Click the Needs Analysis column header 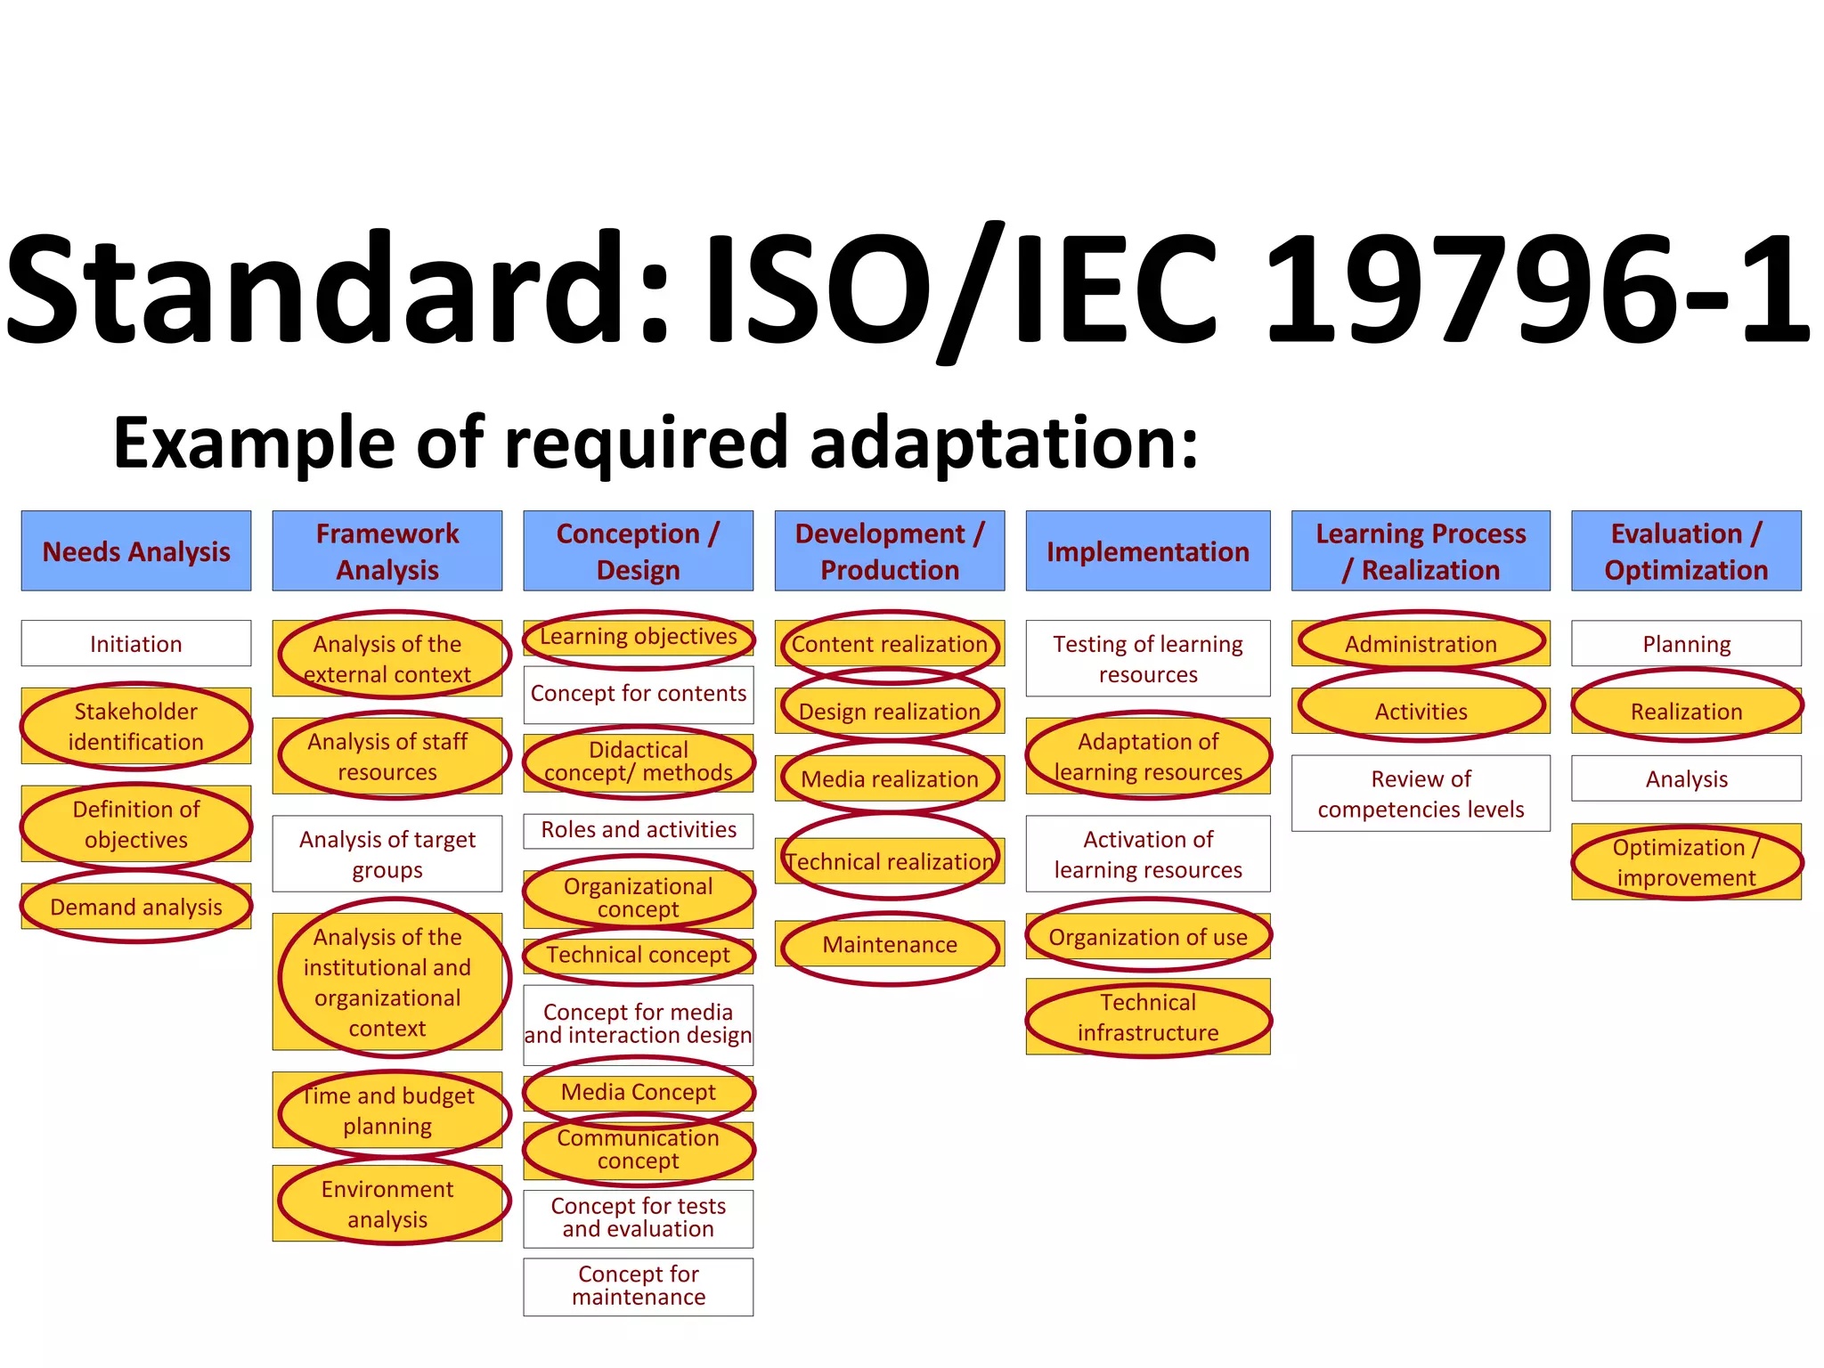pyautogui.click(x=136, y=551)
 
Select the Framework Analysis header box pyautogui.click(x=387, y=551)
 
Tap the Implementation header pyautogui.click(x=1148, y=551)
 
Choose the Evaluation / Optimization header pyautogui.click(x=1686, y=551)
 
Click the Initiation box pyautogui.click(x=136, y=643)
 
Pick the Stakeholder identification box pyautogui.click(x=136, y=726)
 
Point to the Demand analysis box pyautogui.click(x=136, y=907)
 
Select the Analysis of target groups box pyautogui.click(x=387, y=854)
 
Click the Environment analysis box pyautogui.click(x=387, y=1203)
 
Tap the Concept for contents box pyautogui.click(x=639, y=694)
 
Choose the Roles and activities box pyautogui.click(x=639, y=830)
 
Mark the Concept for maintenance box pyautogui.click(x=639, y=1286)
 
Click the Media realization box pyautogui.click(x=890, y=778)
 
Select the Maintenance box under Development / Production pyautogui.click(x=890, y=944)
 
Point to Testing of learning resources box pyautogui.click(x=1148, y=658)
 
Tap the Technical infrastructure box pyautogui.click(x=1148, y=1017)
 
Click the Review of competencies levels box pyautogui.click(x=1421, y=794)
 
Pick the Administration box pyautogui.click(x=1421, y=643)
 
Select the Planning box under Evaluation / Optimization pyautogui.click(x=1686, y=643)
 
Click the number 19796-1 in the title pyautogui.click(x=1536, y=289)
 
